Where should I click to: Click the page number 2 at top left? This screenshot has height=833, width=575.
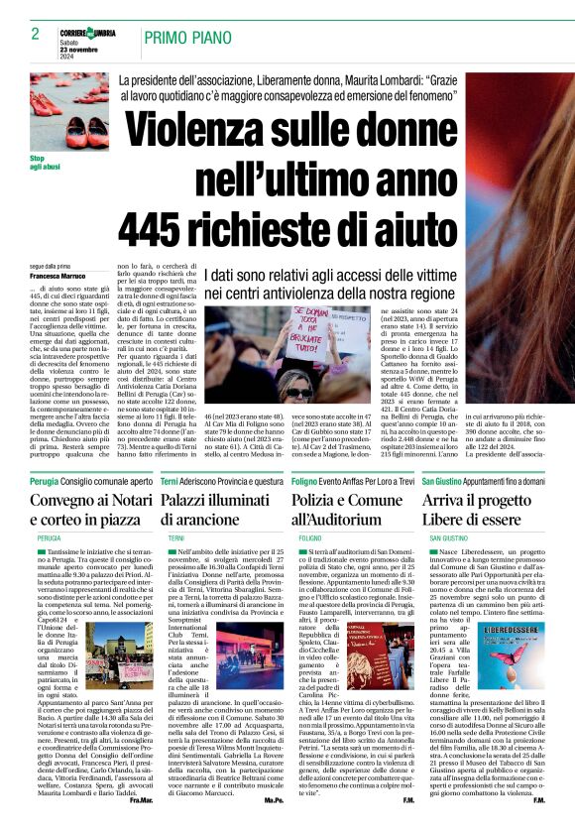(22, 34)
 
